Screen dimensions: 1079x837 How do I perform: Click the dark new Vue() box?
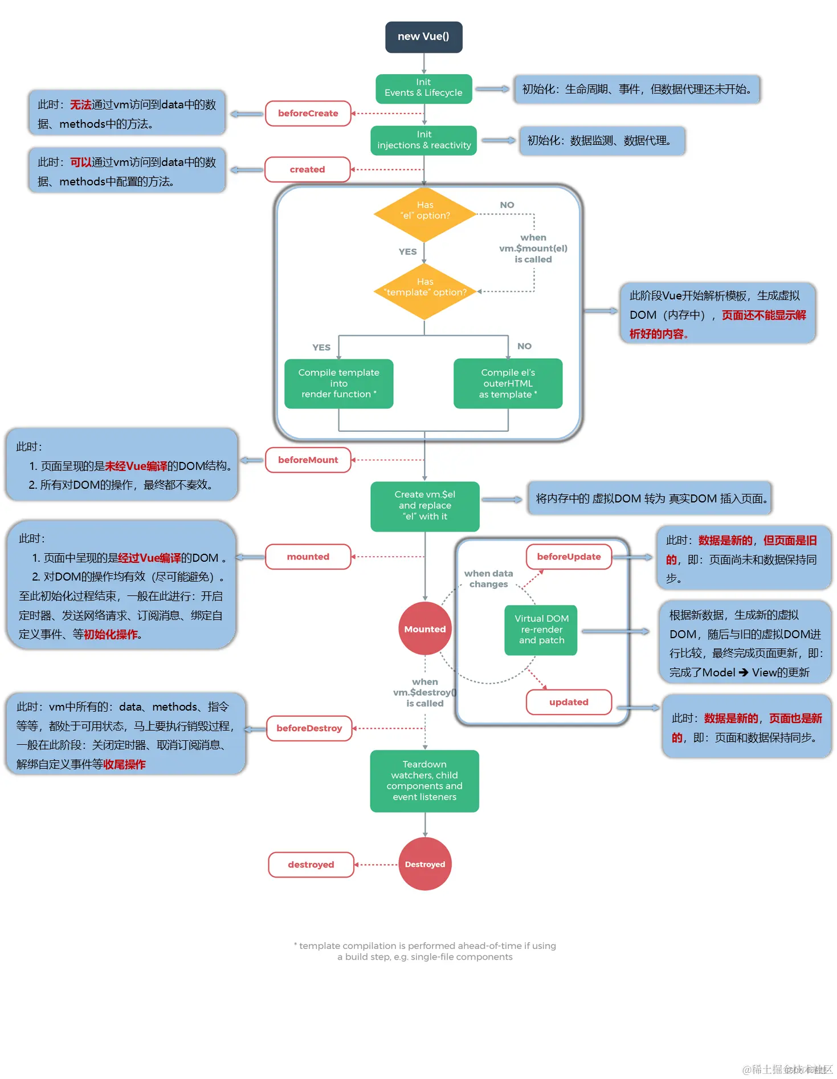(423, 37)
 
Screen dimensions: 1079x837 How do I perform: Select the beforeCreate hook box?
(308, 113)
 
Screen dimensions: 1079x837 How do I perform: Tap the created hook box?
(307, 169)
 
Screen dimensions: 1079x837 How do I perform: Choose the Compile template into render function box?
(338, 383)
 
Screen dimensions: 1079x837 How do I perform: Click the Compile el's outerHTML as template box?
(508, 383)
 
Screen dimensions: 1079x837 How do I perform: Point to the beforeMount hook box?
(308, 460)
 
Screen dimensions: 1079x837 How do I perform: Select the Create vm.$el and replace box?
(424, 506)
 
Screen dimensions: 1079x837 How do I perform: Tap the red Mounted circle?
(425, 629)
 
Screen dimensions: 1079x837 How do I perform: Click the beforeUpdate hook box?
(569, 557)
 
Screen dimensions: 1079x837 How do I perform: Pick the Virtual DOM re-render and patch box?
(541, 630)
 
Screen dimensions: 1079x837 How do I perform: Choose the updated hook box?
(569, 702)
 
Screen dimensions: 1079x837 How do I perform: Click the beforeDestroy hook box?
(309, 728)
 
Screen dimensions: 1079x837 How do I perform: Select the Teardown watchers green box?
(424, 781)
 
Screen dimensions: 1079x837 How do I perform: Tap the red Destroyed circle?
(425, 864)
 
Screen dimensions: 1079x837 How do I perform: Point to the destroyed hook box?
(311, 865)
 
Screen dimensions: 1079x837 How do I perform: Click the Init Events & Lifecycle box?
(423, 88)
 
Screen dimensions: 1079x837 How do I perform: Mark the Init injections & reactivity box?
(424, 140)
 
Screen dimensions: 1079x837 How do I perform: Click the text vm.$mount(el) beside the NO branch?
(533, 249)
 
